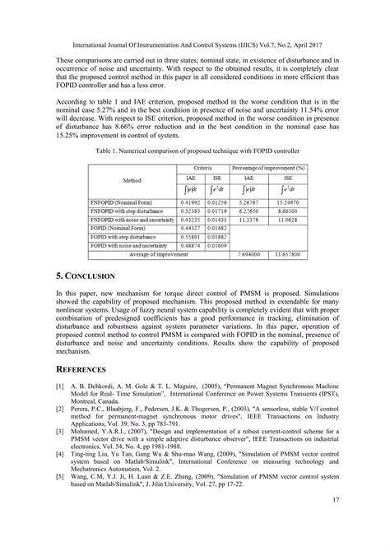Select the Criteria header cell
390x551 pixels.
tap(202, 167)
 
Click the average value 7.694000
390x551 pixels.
tap(248, 255)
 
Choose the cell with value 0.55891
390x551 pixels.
tap(190, 236)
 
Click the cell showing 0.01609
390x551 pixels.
tap(215, 245)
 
